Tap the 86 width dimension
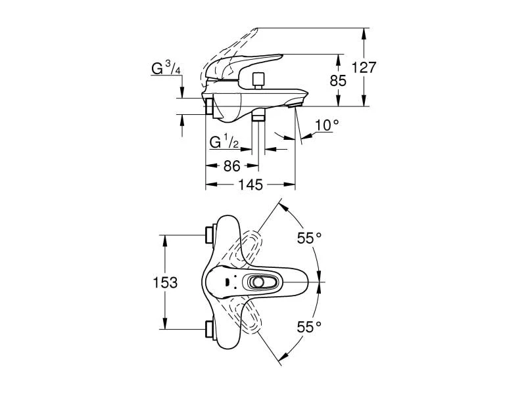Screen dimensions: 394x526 click(231, 166)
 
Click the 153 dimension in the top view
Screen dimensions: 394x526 click(165, 282)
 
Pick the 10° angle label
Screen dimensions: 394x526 click(327, 124)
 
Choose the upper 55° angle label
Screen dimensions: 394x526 click(309, 239)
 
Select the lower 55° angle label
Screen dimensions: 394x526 click(309, 326)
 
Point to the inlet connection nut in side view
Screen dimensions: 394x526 click(209, 106)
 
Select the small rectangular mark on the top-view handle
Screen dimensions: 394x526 click(227, 282)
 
